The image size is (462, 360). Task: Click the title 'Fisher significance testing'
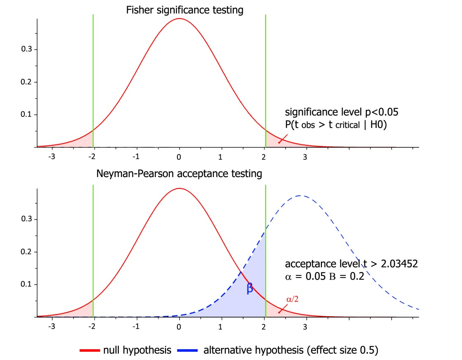[x=184, y=10]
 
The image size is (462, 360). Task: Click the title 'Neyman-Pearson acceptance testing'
[x=179, y=174]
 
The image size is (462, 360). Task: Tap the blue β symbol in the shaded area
[x=250, y=288]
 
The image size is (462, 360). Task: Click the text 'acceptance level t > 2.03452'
[x=351, y=264]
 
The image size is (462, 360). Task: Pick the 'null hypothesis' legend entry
[x=126, y=350]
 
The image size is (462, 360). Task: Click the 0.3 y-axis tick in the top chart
[x=27, y=50]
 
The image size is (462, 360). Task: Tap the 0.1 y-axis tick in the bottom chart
[x=27, y=284]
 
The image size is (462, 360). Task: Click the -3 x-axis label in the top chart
[x=52, y=157]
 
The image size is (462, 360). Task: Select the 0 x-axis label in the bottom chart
[x=179, y=327]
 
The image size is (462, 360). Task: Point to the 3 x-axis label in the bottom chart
[x=305, y=327]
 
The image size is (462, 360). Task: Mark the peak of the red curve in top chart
[x=179, y=19]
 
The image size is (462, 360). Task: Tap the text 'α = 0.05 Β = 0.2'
[x=324, y=277]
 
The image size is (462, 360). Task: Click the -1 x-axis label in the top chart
[x=136, y=157]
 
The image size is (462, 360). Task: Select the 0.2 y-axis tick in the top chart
[x=27, y=82]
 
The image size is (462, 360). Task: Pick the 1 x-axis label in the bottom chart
[x=222, y=327]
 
